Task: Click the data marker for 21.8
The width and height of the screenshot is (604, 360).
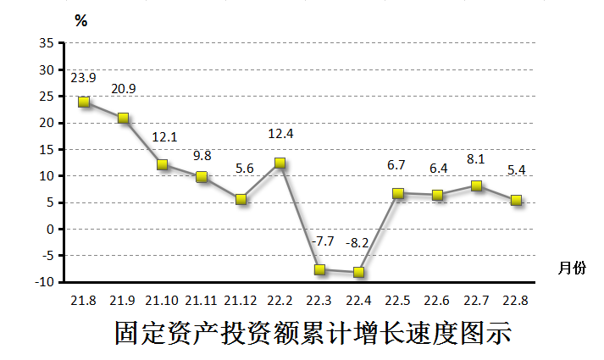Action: [x=84, y=102]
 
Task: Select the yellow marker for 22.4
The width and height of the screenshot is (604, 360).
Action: [x=358, y=272]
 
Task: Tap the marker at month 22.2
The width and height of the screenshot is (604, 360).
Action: [x=280, y=163]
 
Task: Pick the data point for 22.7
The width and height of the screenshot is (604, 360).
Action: [x=476, y=186]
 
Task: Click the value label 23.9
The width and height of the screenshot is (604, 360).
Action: [x=83, y=77]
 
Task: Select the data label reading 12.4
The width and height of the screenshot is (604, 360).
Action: [x=280, y=134]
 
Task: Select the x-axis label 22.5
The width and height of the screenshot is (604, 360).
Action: [x=397, y=300]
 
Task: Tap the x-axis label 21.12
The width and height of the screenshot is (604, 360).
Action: [x=241, y=300]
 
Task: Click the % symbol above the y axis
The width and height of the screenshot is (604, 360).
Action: [x=81, y=21]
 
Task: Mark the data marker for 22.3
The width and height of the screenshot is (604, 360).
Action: [x=319, y=269]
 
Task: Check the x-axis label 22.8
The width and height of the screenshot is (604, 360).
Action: [x=515, y=300]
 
